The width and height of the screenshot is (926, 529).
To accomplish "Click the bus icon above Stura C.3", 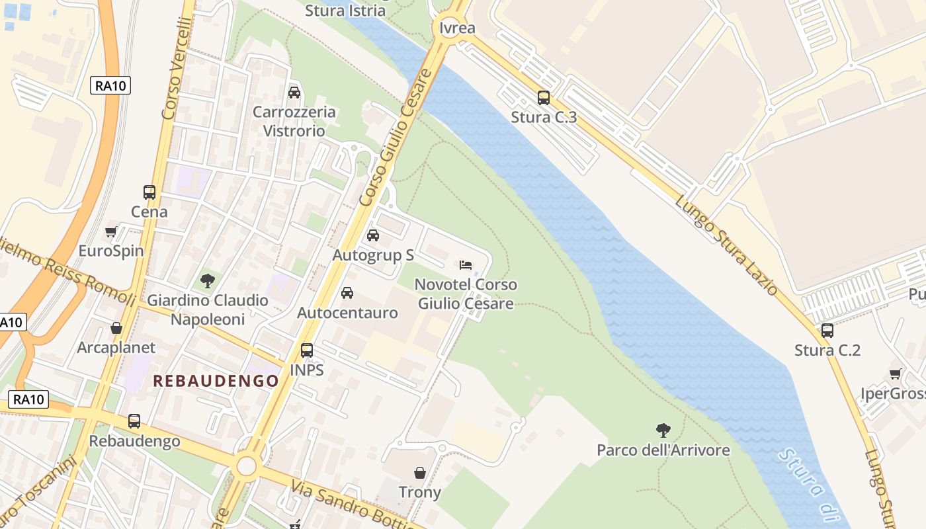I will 544,98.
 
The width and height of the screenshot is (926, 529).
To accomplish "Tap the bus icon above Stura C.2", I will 827,331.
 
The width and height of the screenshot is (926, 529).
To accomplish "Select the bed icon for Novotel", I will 466,265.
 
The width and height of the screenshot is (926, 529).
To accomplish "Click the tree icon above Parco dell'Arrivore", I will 663,431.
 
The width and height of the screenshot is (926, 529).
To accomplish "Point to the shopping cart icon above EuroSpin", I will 111,232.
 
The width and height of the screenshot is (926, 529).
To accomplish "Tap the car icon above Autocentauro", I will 347,293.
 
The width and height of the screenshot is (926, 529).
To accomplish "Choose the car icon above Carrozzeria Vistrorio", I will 294,93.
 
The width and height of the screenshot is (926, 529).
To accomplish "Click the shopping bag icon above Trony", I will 420,473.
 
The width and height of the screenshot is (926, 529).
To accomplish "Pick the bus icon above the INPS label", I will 307,350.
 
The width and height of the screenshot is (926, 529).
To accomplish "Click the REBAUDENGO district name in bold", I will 216,381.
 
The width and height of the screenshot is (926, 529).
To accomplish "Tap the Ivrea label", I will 457,28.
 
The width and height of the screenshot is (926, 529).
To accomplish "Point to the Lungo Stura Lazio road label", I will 726,245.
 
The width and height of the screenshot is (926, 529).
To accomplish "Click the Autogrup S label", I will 373,255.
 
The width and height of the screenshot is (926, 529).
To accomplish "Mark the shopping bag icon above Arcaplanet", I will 116,328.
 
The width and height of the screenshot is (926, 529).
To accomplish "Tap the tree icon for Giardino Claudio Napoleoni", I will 208,281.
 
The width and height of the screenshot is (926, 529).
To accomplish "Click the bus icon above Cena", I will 149,192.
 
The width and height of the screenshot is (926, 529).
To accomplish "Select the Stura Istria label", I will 345,11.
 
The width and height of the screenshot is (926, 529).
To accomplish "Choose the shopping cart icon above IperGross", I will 896,374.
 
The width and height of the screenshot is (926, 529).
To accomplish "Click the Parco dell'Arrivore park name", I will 663,450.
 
